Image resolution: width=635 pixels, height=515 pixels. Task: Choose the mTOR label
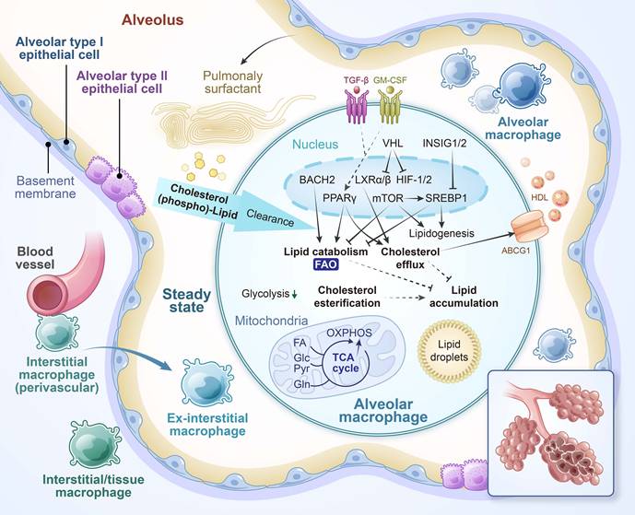[x=387, y=199]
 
